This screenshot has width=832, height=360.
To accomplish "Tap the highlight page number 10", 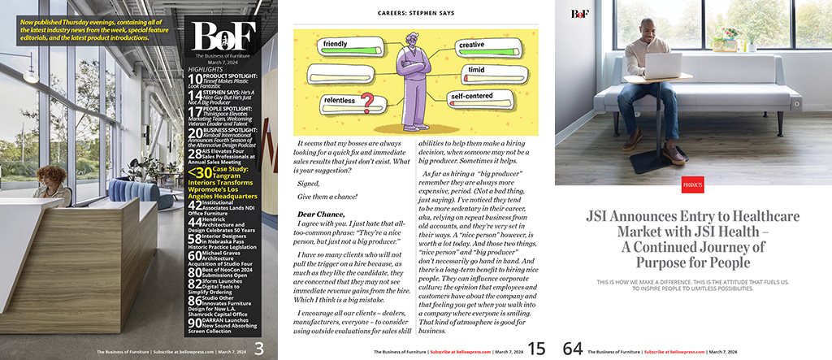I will click(194, 79).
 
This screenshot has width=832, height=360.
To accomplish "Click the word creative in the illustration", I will click(470, 45).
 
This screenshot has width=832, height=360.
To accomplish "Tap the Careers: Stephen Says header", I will click(417, 13).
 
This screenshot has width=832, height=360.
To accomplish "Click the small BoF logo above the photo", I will click(579, 13).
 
